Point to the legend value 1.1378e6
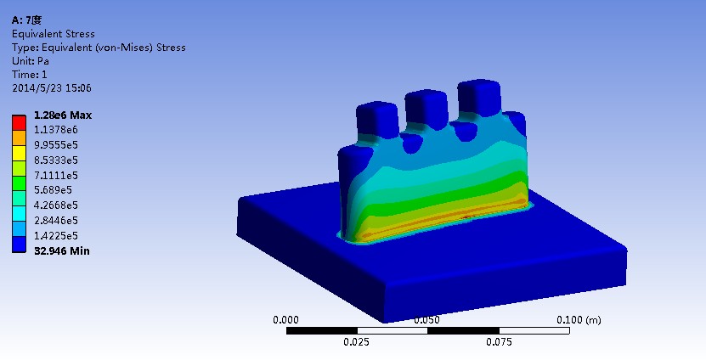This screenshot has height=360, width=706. click(55, 130)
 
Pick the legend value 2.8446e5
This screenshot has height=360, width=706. click(55, 220)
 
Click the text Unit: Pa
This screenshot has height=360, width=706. click(30, 61)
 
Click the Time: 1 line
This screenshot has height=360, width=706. click(29, 75)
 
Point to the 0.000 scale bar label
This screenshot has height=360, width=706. click(285, 320)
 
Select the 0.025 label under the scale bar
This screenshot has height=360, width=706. click(356, 342)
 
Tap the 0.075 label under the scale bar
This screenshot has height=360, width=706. click(498, 342)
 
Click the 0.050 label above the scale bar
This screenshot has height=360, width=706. click(426, 320)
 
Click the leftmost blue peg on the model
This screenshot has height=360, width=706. click(371, 119)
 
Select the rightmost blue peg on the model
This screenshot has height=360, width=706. click(477, 96)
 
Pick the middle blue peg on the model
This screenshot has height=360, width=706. click(425, 106)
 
